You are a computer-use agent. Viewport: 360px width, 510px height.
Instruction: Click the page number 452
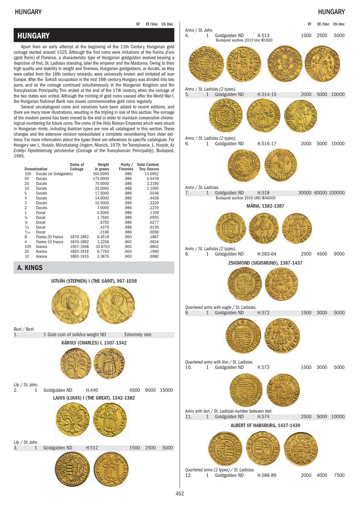click(180, 493)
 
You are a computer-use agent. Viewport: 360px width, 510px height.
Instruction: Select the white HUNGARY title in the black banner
click(33, 36)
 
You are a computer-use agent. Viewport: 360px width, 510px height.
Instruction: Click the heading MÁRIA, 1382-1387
click(265, 206)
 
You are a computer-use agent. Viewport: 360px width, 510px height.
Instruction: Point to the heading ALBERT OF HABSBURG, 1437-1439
click(265, 426)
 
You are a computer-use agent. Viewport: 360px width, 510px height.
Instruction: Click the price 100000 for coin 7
click(337, 193)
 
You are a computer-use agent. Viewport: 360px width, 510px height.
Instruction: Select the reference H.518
click(264, 193)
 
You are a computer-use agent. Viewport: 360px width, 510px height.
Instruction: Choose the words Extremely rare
click(138, 335)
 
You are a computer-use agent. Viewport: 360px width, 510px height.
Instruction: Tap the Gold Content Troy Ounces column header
click(148, 167)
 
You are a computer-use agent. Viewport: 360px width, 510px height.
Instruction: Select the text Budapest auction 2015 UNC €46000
click(245, 198)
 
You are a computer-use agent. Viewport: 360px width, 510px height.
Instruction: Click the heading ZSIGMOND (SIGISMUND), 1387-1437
click(265, 263)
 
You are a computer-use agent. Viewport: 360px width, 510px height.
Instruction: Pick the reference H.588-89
click(268, 475)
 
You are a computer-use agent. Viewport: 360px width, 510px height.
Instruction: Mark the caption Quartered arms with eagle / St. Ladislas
click(221, 308)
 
